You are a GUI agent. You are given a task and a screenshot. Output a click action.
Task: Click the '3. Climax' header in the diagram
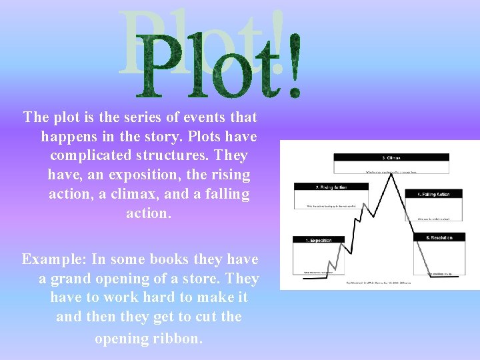click(x=391, y=158)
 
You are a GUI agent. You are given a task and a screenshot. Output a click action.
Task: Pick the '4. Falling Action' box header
click(x=433, y=194)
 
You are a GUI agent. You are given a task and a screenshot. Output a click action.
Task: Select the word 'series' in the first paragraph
click(x=160, y=117)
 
